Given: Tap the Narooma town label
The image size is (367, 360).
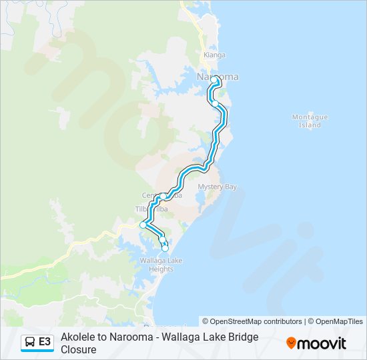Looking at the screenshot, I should coord(218,77).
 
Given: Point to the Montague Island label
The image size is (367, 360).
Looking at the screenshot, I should coord(310,121).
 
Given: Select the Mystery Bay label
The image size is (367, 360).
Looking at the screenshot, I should coord(217,187).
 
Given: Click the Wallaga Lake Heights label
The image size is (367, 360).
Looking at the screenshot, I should coord(157,265).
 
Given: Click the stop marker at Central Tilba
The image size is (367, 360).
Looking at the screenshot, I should coord(163,196).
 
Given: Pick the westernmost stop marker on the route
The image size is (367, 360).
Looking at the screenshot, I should coord(143,225).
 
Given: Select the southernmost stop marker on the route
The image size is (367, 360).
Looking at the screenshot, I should coord(165,249).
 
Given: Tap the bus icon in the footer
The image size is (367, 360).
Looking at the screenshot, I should coord(30,343).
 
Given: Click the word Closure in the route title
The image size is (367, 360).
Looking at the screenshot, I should coord(79,349).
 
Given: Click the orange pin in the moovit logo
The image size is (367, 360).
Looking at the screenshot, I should coord(291,343).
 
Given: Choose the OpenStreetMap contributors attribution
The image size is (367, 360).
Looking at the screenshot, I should coord(252,321).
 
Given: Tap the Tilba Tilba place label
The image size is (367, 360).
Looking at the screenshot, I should coord(151,209).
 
